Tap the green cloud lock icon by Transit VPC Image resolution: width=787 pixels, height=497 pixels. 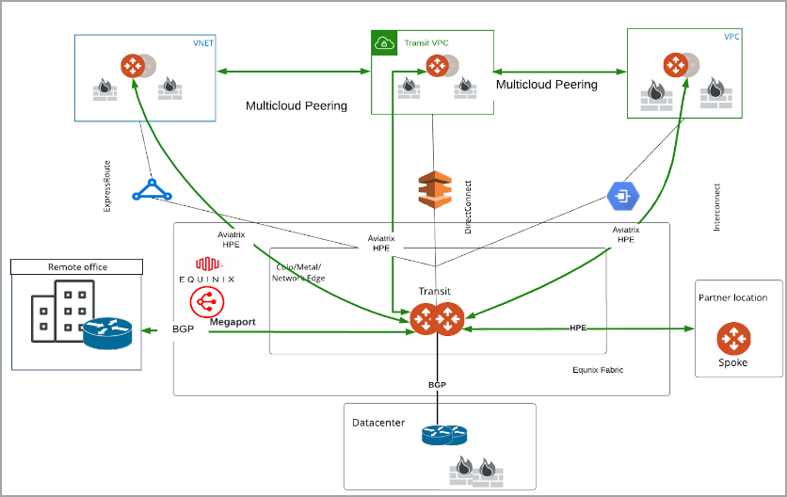tap(384, 42)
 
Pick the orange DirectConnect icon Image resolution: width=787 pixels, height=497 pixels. tap(435, 190)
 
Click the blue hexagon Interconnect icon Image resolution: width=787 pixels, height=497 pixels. tap(622, 196)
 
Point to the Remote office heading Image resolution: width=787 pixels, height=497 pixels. tap(77, 267)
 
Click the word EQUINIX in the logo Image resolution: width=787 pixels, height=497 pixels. tap(206, 280)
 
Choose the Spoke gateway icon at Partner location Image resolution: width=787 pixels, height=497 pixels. tap(732, 337)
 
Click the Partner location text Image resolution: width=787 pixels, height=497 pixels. tap(732, 297)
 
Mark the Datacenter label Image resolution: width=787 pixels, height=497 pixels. tap(378, 423)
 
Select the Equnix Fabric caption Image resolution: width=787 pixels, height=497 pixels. tap(598, 370)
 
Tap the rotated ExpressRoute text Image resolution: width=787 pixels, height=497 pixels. tap(107, 185)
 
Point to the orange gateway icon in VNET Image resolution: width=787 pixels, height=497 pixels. tap(132, 65)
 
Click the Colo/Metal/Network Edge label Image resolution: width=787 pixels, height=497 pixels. tap(298, 273)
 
